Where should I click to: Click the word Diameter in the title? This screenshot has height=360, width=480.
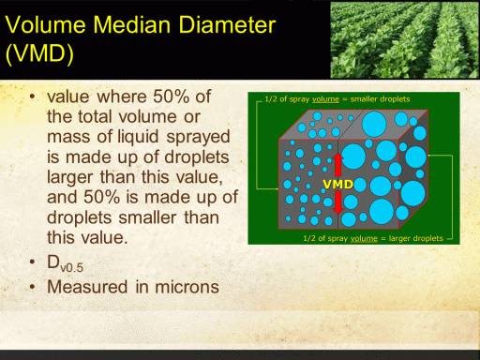point(227,24)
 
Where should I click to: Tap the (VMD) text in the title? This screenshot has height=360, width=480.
point(39,53)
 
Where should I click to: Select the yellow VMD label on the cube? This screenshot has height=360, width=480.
point(337,185)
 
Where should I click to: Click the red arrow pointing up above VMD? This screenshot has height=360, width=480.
point(337,165)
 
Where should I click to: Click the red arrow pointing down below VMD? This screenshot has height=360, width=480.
point(337,202)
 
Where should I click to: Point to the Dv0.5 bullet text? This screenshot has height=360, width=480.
point(65,263)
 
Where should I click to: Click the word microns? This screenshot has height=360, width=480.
point(187,287)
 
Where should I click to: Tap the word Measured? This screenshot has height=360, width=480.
point(87,287)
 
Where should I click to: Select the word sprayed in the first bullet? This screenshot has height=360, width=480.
point(198,138)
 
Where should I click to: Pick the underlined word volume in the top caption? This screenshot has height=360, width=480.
point(325,99)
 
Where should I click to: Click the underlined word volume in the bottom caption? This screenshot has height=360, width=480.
point(364,239)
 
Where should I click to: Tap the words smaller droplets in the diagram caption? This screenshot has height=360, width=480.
point(380,99)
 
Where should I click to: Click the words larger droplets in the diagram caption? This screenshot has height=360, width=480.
point(416,239)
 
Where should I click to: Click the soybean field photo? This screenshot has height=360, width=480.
point(405,40)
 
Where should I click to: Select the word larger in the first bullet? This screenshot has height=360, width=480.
point(69,177)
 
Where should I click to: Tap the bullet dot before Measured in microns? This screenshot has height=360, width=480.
point(32,287)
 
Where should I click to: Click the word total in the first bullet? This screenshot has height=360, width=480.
point(95,117)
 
